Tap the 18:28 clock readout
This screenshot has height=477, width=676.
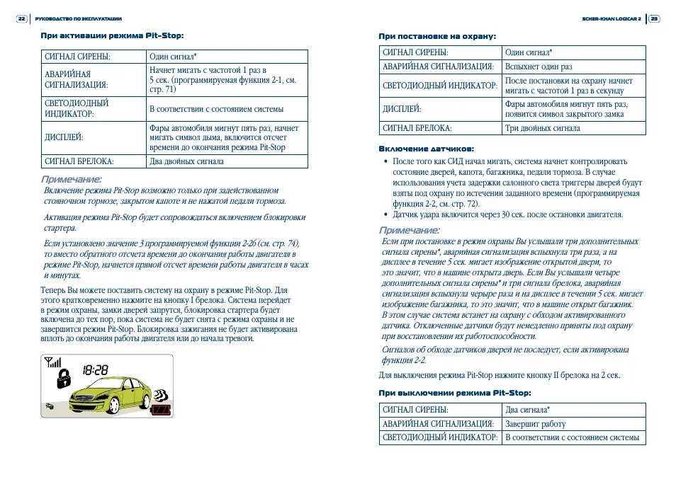coord(95,369)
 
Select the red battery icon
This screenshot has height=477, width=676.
coord(162,410)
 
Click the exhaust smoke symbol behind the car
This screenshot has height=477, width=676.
coord(160,393)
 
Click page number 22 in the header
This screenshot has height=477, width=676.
coord(21,18)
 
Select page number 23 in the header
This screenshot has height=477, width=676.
coord(655,18)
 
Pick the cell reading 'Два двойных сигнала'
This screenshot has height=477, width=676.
coord(186,161)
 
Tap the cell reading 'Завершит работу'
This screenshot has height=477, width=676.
coord(536,424)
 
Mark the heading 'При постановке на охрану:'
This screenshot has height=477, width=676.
coord(436,35)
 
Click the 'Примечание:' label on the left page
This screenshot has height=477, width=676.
coord(71,179)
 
